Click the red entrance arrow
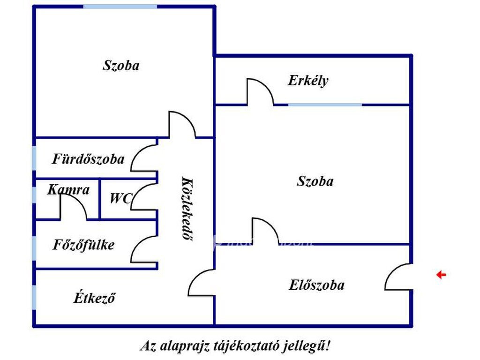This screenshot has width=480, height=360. (441, 275)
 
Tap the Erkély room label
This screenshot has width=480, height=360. (308, 81)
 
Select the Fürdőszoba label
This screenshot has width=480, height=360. (89, 159)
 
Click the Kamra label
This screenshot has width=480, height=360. (68, 190)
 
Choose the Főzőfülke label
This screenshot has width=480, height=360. (83, 245)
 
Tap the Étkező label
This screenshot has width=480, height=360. (94, 298)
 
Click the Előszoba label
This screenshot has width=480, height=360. (317, 285)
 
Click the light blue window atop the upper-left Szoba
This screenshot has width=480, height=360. (120, 7)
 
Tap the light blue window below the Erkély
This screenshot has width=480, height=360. (325, 105)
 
